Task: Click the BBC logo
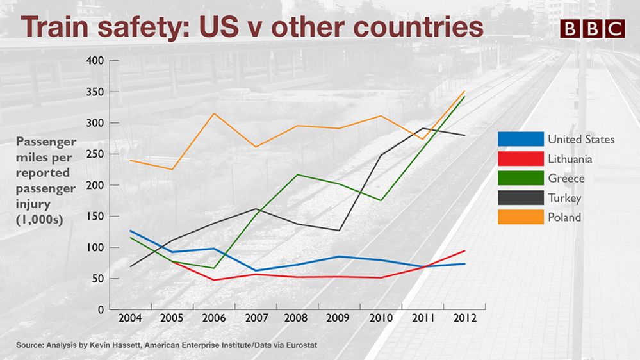click(x=592, y=29)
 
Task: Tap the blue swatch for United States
click(x=520, y=139)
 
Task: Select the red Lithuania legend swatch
click(x=520, y=159)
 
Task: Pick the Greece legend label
click(x=565, y=178)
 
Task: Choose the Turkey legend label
click(x=564, y=198)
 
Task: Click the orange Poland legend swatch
click(x=520, y=217)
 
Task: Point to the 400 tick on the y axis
click(x=94, y=61)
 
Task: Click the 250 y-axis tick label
click(x=94, y=154)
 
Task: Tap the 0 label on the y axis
click(x=101, y=310)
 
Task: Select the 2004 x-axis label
click(x=130, y=318)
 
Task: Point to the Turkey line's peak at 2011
click(x=422, y=129)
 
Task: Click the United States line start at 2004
click(x=130, y=231)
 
